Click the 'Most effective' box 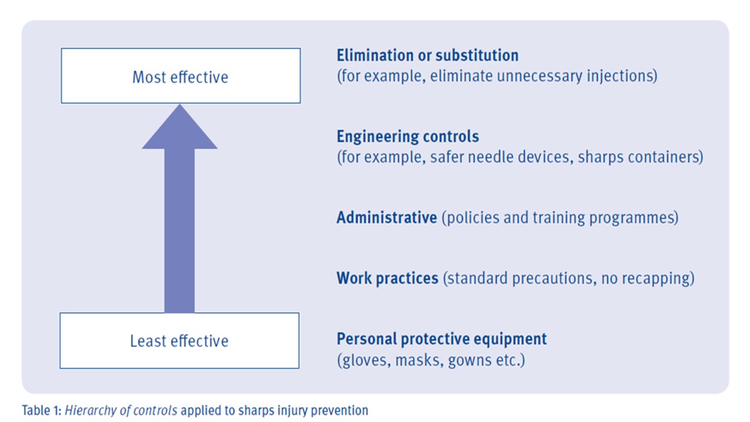click(181, 76)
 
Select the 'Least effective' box click(179, 341)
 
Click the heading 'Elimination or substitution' click(428, 55)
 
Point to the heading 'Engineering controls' click(408, 137)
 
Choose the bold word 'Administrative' click(387, 217)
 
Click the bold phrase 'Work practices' click(387, 278)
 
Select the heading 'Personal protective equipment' click(442, 339)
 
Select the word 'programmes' click(632, 218)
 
